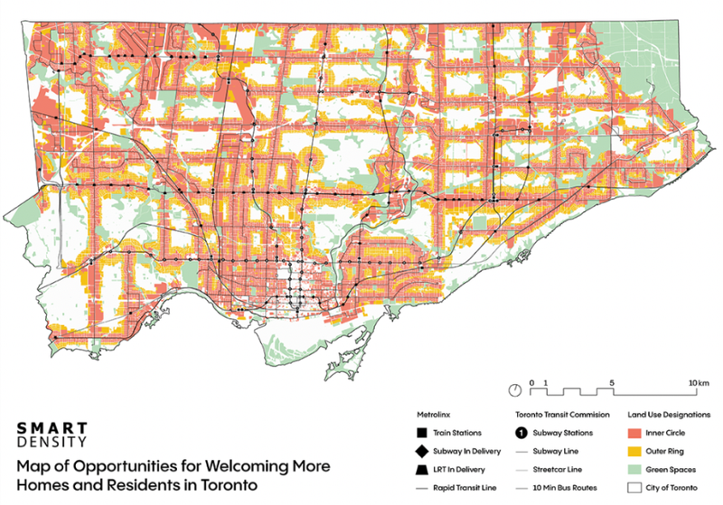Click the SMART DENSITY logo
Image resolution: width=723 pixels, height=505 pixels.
[52, 434]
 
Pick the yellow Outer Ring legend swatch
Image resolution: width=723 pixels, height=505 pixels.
[633, 451]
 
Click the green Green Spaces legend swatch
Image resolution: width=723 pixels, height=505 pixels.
[633, 469]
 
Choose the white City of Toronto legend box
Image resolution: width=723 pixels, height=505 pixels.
[633, 487]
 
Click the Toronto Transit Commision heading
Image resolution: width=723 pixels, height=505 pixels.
[559, 416]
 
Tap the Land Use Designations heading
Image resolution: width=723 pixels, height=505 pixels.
[662, 416]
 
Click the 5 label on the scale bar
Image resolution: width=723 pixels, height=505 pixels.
[612, 383]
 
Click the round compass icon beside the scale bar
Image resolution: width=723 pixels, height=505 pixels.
[514, 390]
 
